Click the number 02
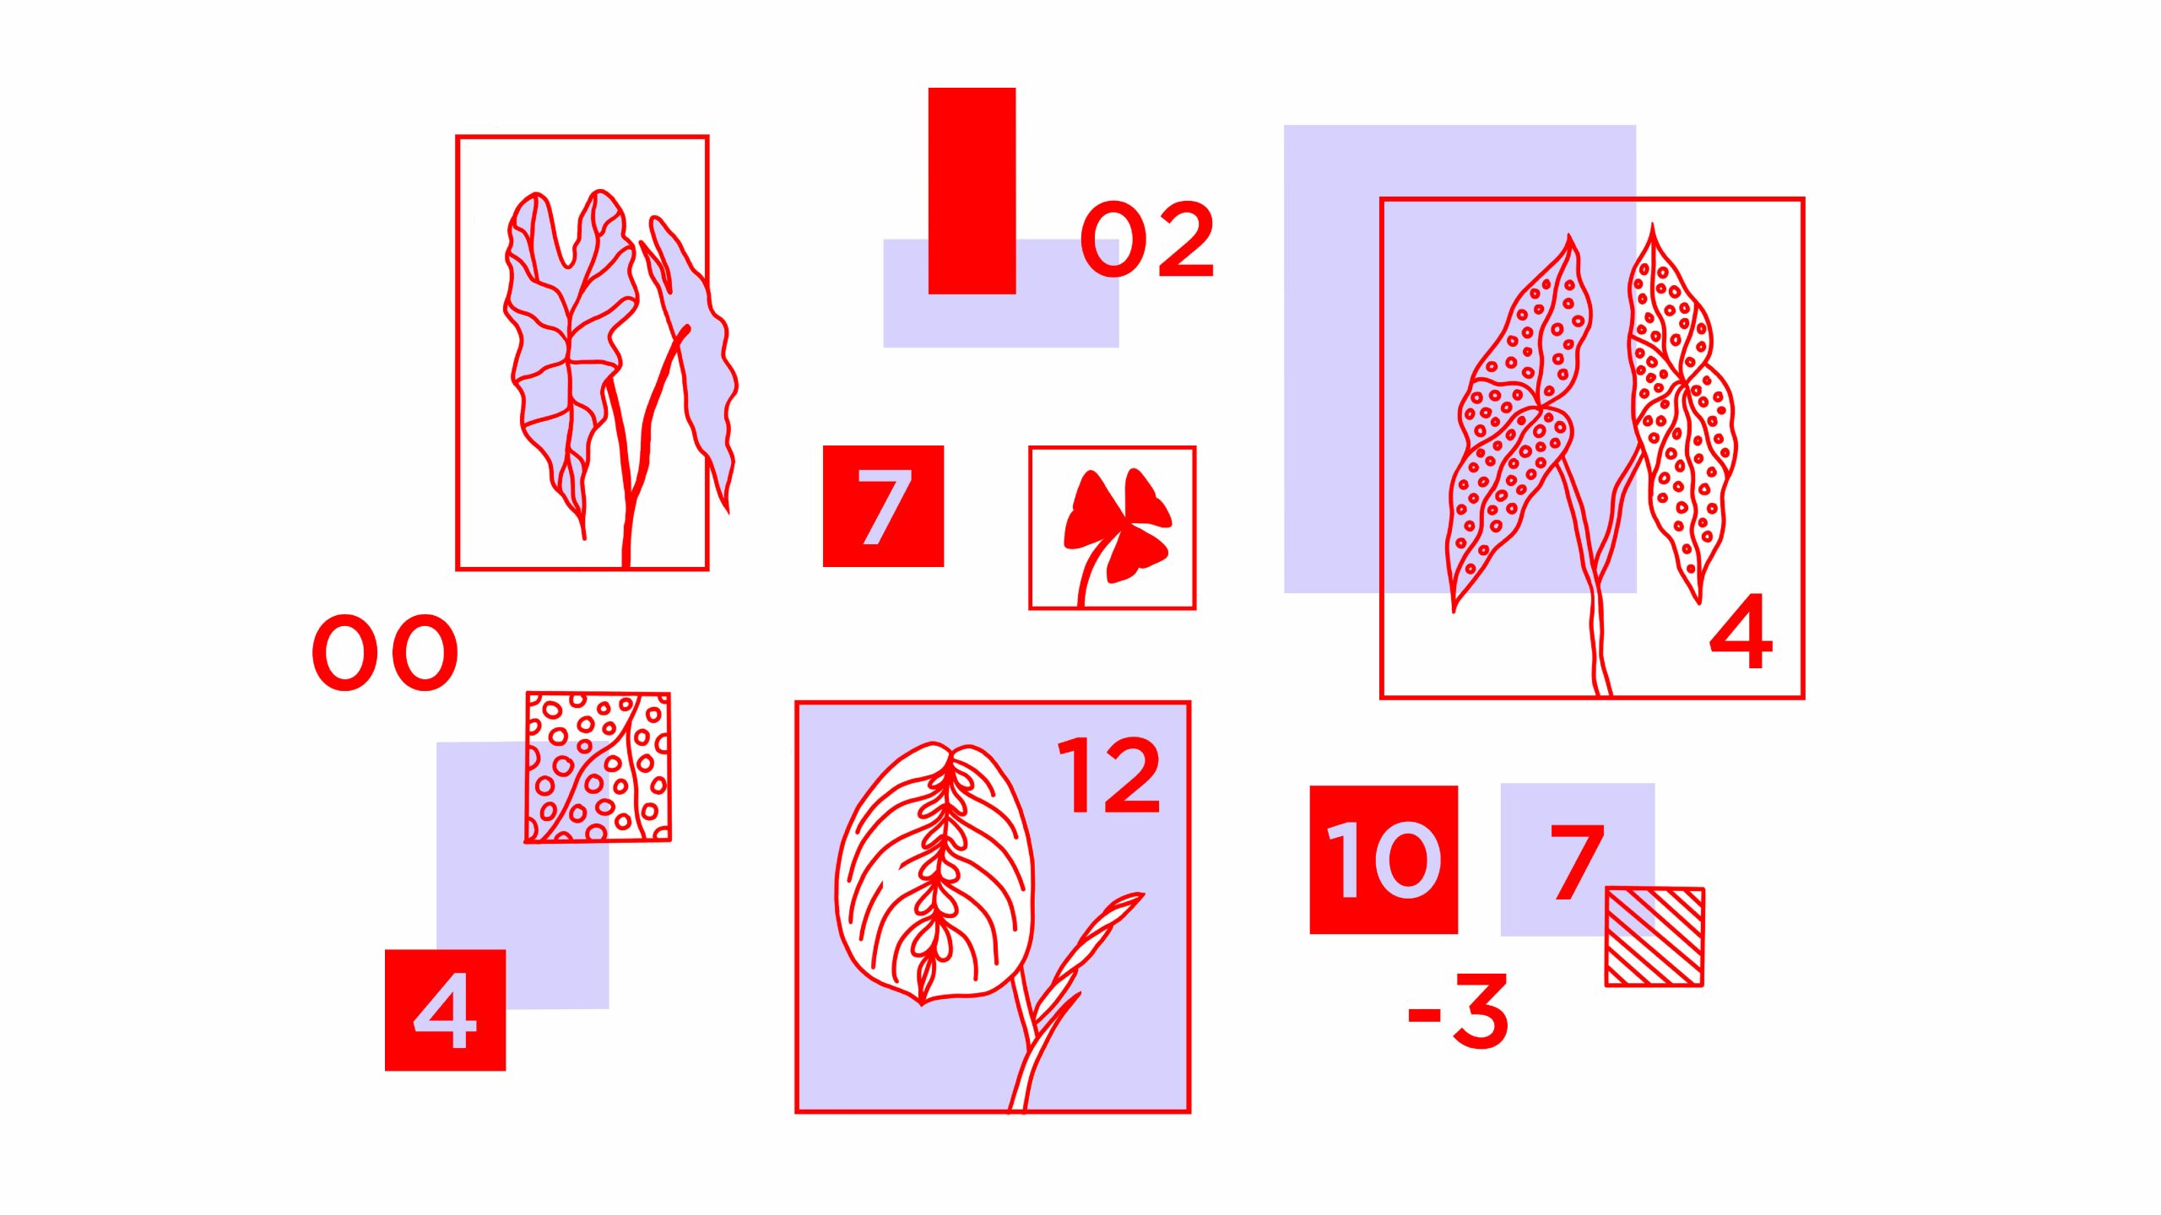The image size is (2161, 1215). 1147,240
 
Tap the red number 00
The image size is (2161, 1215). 385,652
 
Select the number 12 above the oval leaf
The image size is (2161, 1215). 1109,775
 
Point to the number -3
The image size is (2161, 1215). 1458,1011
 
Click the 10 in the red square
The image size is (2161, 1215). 1384,860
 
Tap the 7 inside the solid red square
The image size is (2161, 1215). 884,506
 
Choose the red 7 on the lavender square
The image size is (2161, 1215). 1577,861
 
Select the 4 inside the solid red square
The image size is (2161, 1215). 445,1010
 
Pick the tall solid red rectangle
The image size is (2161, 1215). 972,191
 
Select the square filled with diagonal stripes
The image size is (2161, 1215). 1655,937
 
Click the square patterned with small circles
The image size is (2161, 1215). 598,767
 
